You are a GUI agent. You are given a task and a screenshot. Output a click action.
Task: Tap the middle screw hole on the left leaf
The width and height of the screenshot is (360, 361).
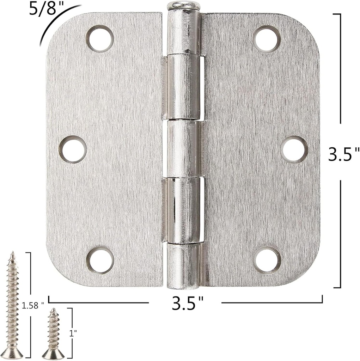pyautogui.click(x=73, y=149)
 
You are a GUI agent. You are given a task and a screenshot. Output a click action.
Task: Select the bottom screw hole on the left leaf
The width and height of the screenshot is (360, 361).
pyautogui.click(x=100, y=261)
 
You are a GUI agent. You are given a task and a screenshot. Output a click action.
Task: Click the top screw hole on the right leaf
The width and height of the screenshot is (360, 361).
pyautogui.click(x=267, y=39)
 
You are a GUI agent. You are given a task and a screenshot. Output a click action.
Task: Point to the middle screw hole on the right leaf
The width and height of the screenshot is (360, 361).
pyautogui.click(x=295, y=149)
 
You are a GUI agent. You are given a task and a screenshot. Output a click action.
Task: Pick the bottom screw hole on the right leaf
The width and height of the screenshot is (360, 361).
pyautogui.click(x=267, y=261)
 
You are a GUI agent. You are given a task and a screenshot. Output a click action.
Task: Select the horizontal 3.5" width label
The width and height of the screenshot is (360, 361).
pyautogui.click(x=188, y=303)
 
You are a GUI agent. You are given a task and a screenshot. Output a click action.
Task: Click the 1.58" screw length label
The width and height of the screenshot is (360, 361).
pyautogui.click(x=33, y=305)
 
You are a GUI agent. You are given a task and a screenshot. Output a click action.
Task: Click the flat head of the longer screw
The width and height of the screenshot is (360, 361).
pyautogui.click(x=12, y=354)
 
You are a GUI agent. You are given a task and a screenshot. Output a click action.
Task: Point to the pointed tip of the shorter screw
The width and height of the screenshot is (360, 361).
pyautogui.click(x=53, y=310)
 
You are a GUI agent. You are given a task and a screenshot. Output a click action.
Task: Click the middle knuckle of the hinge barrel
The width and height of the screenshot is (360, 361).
pyautogui.click(x=183, y=148)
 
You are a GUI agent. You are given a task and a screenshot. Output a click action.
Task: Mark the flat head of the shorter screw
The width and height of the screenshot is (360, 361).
pyautogui.click(x=53, y=355)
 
